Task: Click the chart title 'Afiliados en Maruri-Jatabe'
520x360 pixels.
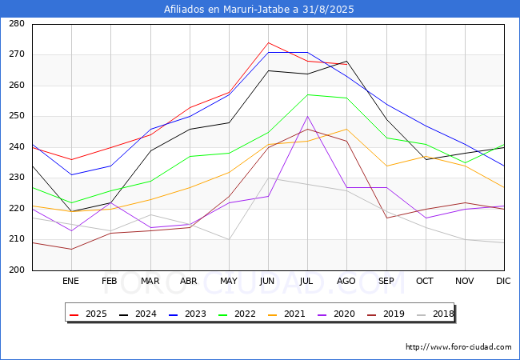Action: (x=259, y=10)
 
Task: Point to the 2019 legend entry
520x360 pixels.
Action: (x=390, y=314)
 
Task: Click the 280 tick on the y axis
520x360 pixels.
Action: (x=16, y=24)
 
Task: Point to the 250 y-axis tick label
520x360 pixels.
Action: (x=16, y=117)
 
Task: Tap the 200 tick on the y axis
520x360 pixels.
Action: (x=16, y=270)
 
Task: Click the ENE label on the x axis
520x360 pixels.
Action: (x=71, y=281)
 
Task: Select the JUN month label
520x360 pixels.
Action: (x=267, y=281)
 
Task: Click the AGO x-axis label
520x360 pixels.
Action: (x=346, y=281)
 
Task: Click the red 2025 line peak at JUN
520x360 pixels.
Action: (x=268, y=42)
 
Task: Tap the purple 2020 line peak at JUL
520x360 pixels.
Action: (x=307, y=116)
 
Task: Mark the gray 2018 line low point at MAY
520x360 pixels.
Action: (x=229, y=239)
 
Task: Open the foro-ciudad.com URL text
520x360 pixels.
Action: (x=458, y=347)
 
